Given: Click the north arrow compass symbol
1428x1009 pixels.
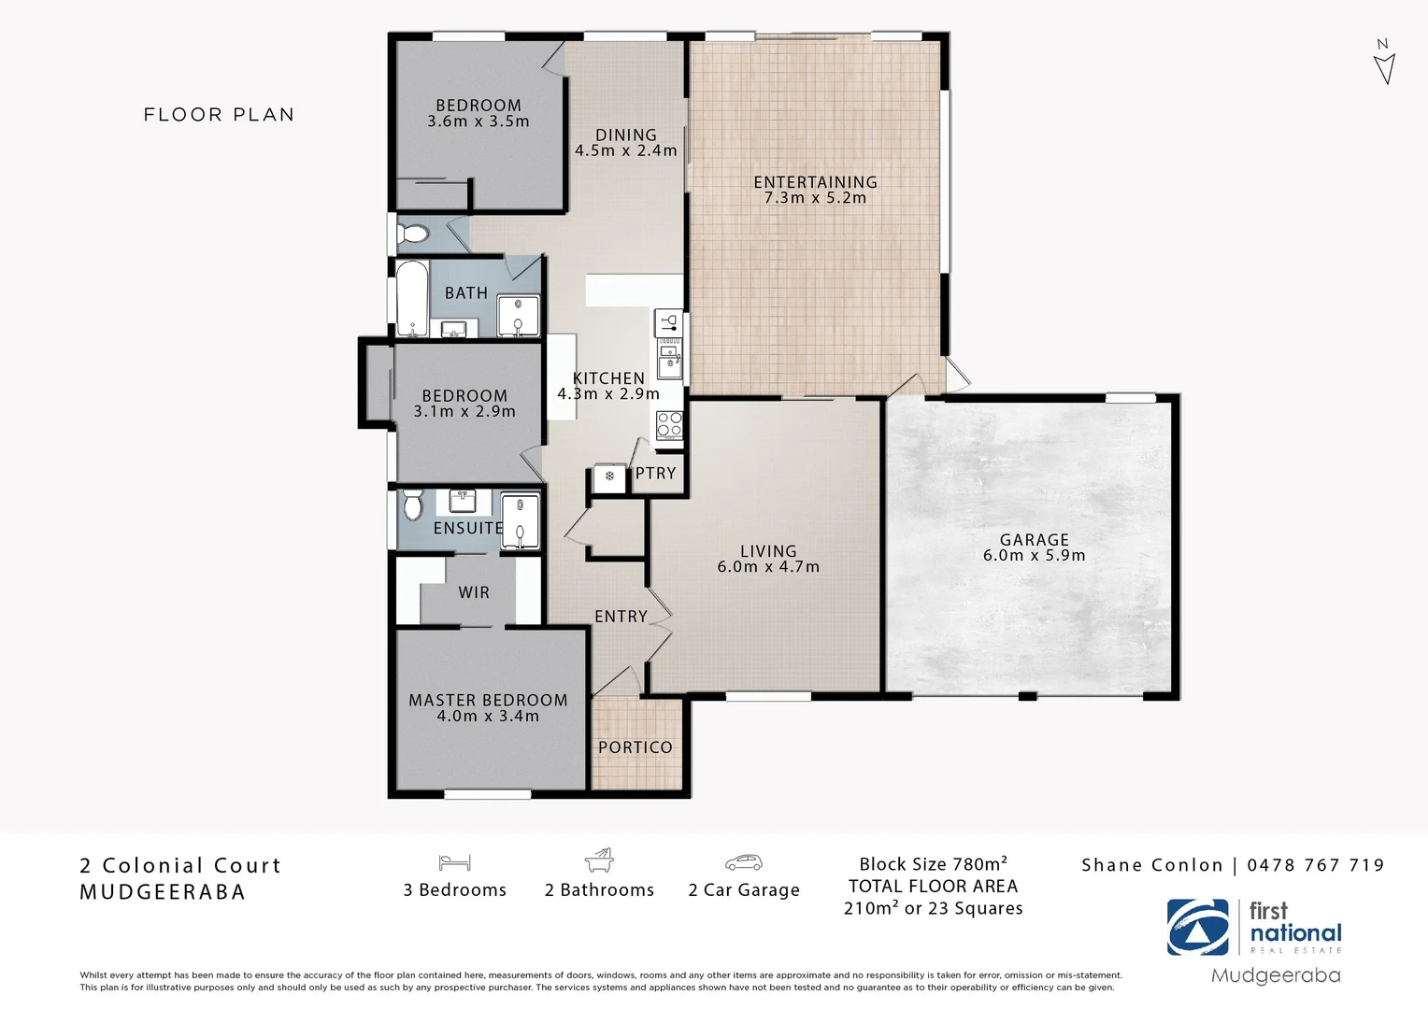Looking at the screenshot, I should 1384,64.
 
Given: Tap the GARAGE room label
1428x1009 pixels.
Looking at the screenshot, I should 1034,540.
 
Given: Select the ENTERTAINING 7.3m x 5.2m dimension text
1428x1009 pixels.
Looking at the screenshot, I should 815,198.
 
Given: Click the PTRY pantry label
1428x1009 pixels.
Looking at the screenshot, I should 655,474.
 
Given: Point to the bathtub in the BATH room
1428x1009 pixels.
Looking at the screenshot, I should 411,298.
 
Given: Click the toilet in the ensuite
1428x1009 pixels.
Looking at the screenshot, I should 413,506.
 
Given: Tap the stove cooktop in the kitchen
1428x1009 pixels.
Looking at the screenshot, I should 669,424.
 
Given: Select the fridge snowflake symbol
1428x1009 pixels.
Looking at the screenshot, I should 609,477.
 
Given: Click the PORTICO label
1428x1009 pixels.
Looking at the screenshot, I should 635,747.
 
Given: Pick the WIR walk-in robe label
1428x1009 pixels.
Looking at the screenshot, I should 474,592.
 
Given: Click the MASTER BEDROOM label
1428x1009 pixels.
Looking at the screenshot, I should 488,700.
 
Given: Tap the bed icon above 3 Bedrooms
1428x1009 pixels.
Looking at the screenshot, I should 454,862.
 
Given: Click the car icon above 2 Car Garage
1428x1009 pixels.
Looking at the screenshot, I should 743,862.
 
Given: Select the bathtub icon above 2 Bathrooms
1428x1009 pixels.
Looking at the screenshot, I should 599,860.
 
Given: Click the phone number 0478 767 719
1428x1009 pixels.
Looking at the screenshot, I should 1315,865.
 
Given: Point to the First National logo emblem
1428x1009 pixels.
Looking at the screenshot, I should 1198,928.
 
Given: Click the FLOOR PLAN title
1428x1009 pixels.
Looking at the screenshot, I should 219,115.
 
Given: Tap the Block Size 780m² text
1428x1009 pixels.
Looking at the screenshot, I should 933,864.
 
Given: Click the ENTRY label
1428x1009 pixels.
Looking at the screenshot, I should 621,617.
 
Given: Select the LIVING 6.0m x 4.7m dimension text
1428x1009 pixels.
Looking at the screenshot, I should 768,567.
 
